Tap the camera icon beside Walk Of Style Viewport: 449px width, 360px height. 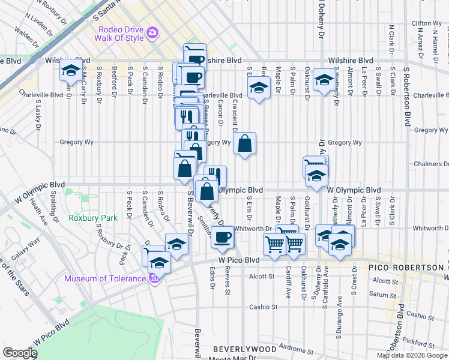pos(153,32)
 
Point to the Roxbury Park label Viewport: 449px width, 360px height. pos(92,218)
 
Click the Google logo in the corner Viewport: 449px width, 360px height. pos(20,353)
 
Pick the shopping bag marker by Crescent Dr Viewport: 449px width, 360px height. pos(244,144)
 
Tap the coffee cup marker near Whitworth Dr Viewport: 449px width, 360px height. pos(222,237)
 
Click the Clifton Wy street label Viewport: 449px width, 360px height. pos(427,23)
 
